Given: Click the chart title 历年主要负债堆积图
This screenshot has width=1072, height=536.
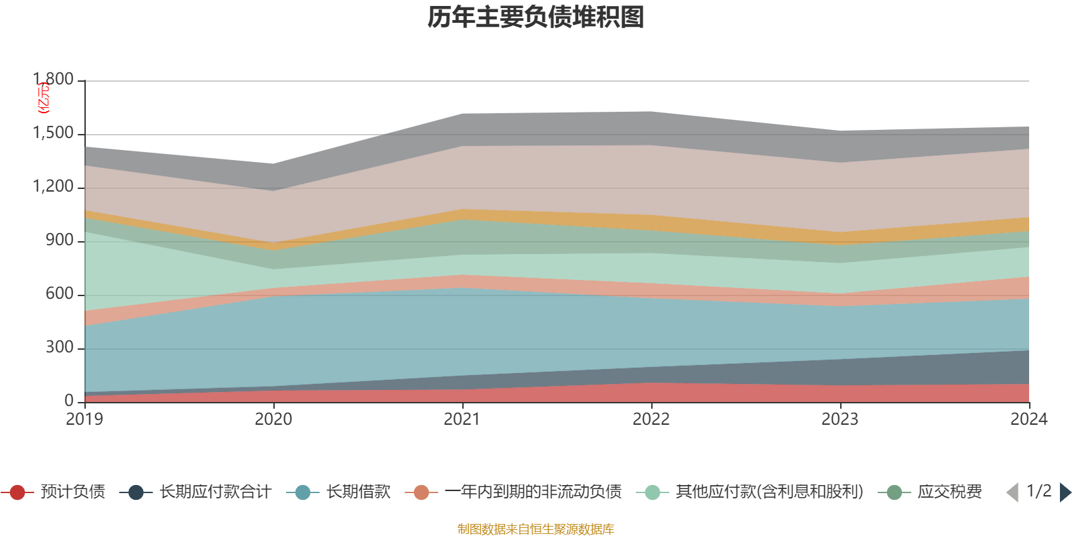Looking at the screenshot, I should [x=536, y=17].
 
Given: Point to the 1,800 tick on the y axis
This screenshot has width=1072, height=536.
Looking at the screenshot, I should [x=54, y=80].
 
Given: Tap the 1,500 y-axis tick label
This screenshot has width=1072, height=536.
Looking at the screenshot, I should [x=54, y=133].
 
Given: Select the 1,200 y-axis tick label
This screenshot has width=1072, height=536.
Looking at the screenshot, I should [x=54, y=187].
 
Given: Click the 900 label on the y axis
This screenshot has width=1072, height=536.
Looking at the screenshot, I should [x=60, y=241].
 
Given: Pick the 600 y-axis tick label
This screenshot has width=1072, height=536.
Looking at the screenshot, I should [x=60, y=294].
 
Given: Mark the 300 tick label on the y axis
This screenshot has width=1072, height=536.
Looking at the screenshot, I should [x=60, y=348].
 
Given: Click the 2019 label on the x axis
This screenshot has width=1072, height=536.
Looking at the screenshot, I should [x=84, y=419].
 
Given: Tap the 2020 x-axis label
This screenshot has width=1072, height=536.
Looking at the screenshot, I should [x=273, y=419].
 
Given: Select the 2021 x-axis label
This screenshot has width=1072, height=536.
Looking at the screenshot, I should [x=462, y=419].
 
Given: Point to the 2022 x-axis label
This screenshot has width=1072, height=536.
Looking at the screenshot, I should [x=651, y=419].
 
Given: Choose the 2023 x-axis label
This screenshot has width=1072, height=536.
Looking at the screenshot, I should [x=840, y=419].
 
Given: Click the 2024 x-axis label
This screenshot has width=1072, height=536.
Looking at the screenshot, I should [x=1028, y=419].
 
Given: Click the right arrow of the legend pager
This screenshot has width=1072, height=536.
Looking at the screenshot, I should [x=1065, y=492].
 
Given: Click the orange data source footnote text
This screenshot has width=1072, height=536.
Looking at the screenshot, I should [x=536, y=529].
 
